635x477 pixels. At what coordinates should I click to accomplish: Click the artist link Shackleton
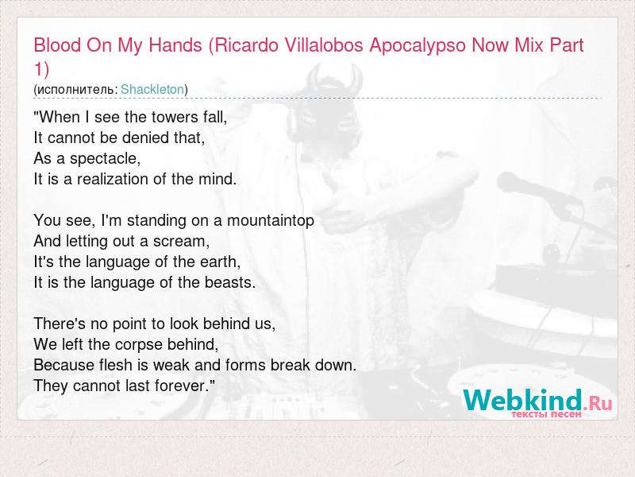click(152, 89)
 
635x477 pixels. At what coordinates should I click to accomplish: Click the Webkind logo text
click(522, 400)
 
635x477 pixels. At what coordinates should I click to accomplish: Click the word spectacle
click(105, 159)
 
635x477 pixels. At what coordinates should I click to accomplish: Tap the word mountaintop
click(271, 221)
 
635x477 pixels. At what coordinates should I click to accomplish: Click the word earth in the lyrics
click(221, 262)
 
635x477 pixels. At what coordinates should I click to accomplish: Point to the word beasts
click(229, 283)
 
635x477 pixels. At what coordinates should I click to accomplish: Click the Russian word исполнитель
click(76, 90)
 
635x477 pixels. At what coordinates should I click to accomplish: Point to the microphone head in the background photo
click(514, 183)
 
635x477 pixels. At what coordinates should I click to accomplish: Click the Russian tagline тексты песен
click(546, 414)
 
